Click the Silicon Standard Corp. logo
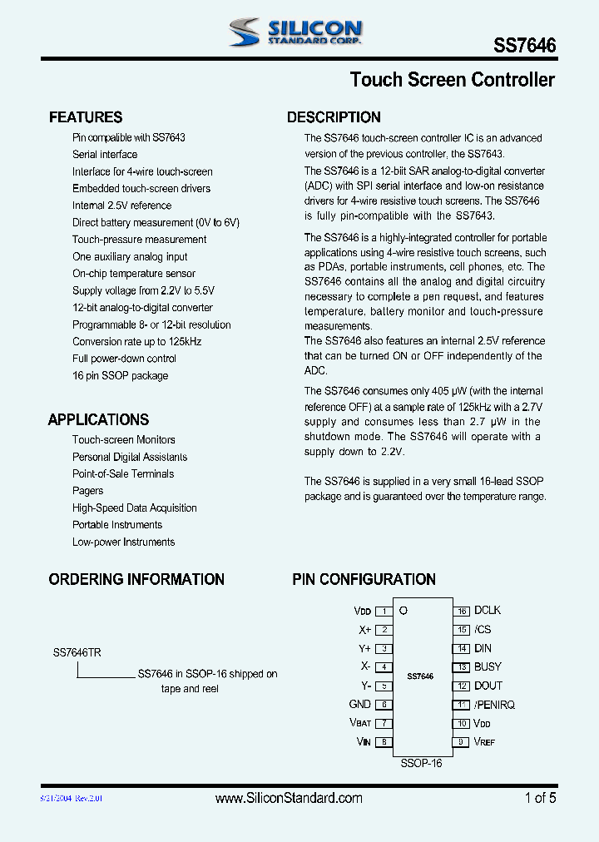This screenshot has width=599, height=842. tap(295, 32)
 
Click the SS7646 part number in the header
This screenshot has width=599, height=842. tap(525, 47)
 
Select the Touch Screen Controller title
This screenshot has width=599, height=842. tap(452, 80)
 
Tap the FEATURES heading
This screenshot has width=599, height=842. tap(86, 117)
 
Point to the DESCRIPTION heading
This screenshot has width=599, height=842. tap(334, 117)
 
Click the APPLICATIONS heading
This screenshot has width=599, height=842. tap(98, 420)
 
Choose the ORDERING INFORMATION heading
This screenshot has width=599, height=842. tap(136, 579)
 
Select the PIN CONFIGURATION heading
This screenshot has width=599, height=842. tap(364, 579)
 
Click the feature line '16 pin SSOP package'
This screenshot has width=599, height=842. tap(120, 376)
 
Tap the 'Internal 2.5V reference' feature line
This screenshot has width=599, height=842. tap(121, 206)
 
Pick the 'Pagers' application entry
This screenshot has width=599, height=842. tap(88, 491)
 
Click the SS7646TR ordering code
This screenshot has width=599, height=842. tap(77, 653)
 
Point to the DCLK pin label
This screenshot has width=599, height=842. tap(488, 610)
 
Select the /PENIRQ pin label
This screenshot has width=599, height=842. tap(494, 705)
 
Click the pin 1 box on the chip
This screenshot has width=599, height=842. tap(384, 611)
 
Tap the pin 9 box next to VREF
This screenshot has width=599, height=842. tap(462, 741)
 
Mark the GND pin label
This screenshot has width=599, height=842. tap(359, 705)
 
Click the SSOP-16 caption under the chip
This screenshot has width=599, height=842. tap(421, 763)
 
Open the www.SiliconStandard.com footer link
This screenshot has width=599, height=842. tap(289, 798)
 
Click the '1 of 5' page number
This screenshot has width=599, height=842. tap(540, 798)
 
